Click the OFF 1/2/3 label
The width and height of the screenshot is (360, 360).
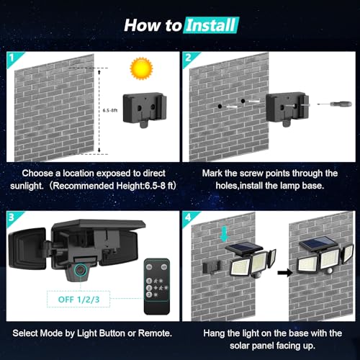point(71,297)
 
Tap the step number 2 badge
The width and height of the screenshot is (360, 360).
point(189,55)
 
